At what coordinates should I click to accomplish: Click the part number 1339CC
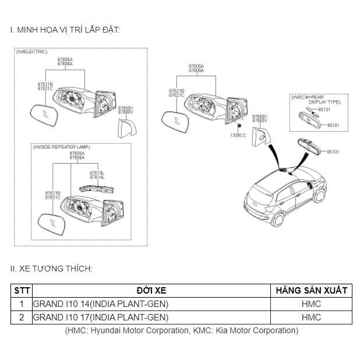pyautogui.click(x=239, y=135)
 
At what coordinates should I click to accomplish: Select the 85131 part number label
pyautogui.click(x=324, y=109)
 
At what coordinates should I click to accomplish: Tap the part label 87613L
pyautogui.click(x=96, y=173)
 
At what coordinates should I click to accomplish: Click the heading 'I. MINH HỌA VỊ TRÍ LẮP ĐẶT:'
pyautogui.click(x=65, y=29)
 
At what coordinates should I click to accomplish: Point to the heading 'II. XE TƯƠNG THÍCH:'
pyautogui.click(x=51, y=269)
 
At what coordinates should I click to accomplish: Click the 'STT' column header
pyautogui.click(x=22, y=290)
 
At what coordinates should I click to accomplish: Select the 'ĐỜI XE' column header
pyautogui.click(x=151, y=290)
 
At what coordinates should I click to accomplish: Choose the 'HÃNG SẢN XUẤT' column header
pyautogui.click(x=311, y=290)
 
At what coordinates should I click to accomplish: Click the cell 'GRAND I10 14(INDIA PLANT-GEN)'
pyautogui.click(x=101, y=303)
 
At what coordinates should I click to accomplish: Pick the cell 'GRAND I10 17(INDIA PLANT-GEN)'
pyautogui.click(x=101, y=317)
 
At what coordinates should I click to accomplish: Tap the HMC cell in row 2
pyautogui.click(x=311, y=317)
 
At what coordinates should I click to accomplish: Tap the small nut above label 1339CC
pyautogui.click(x=239, y=126)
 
